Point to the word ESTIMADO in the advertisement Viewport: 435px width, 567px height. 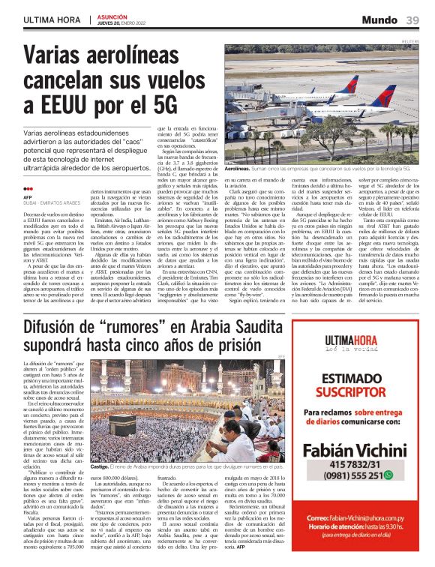pyautogui.click(x=344, y=379)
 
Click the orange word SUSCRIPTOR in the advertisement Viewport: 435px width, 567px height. pyautogui.click(x=344, y=392)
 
